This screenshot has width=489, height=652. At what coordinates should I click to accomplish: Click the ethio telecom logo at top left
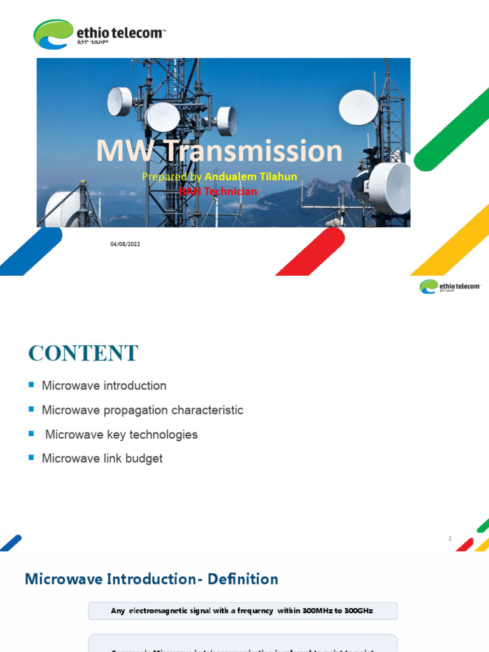pyautogui.click(x=99, y=34)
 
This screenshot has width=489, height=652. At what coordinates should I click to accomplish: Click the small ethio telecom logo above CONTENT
pyautogui.click(x=450, y=287)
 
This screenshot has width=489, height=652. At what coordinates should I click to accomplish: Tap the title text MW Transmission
pyautogui.click(x=219, y=152)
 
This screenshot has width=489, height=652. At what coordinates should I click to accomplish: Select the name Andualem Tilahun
pyautogui.click(x=251, y=176)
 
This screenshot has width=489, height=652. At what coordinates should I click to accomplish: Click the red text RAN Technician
pyautogui.click(x=218, y=191)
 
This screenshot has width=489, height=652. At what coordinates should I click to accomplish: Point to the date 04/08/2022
pyautogui.click(x=125, y=244)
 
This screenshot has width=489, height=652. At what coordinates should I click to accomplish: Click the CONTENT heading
pyautogui.click(x=83, y=353)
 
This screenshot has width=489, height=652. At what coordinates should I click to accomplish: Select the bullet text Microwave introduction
pyautogui.click(x=104, y=386)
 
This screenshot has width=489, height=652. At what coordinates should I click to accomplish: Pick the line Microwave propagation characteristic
pyautogui.click(x=142, y=410)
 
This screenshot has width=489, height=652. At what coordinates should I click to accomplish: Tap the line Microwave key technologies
pyautogui.click(x=121, y=435)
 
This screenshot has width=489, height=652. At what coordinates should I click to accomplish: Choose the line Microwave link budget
pyautogui.click(x=102, y=458)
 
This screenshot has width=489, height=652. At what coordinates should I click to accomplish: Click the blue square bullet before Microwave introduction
pyautogui.click(x=31, y=385)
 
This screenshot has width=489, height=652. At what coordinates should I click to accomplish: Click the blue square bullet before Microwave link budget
pyautogui.click(x=31, y=457)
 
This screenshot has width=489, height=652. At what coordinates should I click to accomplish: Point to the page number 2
pyautogui.click(x=450, y=539)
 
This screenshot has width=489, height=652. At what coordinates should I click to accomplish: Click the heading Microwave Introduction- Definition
pyautogui.click(x=151, y=579)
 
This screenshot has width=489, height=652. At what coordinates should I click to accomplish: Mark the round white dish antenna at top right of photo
pyautogui.click(x=358, y=107)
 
